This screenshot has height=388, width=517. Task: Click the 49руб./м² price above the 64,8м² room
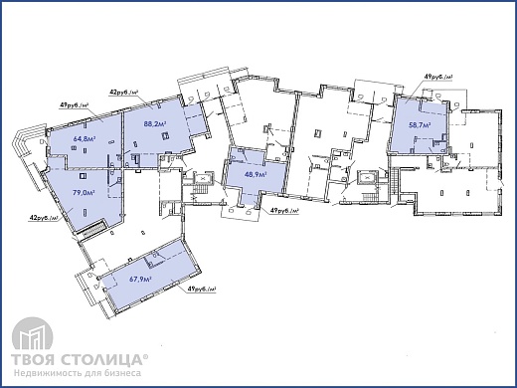[75, 105]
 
